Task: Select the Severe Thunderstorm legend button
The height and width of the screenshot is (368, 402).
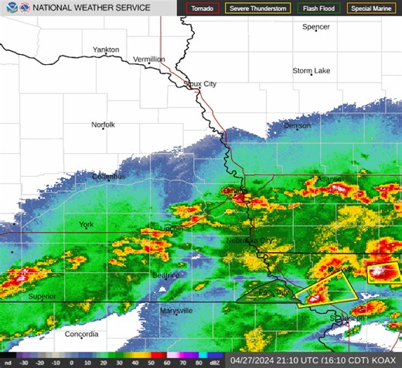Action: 257,9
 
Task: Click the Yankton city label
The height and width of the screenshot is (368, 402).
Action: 106,49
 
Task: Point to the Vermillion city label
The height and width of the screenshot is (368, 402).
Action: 149,59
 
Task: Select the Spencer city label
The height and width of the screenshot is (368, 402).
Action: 316,26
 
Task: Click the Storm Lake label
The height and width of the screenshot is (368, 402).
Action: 312,70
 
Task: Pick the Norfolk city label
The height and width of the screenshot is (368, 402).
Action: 103,124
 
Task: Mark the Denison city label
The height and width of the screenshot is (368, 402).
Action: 297,125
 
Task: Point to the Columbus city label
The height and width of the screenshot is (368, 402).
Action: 108,176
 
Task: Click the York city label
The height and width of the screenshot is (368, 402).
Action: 86,225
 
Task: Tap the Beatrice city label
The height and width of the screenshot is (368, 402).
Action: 165,275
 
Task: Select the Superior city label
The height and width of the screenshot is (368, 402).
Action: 43,296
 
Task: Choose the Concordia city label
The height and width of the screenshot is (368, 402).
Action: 81,334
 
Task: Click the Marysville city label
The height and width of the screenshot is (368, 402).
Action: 176,310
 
